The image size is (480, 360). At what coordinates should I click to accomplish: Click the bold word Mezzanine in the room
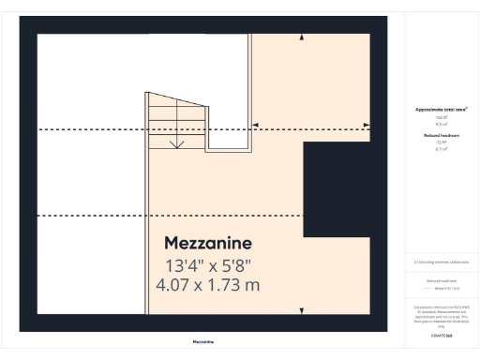coord(207,243)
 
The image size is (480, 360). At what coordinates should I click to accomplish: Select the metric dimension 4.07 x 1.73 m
coord(208,284)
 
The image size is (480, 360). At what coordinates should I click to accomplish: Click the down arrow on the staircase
coord(177,143)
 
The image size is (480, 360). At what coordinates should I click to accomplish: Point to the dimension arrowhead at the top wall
coord(301,37)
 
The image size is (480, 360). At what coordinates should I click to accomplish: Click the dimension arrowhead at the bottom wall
coord(301,310)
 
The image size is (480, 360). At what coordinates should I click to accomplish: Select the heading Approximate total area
coord(441,109)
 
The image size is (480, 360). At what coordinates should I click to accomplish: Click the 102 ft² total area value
coord(441,116)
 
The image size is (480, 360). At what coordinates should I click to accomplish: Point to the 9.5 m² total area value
coord(441,123)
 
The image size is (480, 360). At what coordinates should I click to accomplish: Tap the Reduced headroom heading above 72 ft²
coord(441,135)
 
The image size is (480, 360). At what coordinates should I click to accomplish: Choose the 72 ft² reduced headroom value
coord(441,142)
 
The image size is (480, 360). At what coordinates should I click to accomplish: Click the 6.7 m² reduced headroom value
coord(441,148)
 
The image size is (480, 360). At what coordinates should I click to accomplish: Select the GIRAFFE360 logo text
coord(441,335)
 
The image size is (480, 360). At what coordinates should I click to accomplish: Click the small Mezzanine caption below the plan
coord(203,342)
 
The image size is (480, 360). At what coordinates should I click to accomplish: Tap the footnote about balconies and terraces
coord(441,262)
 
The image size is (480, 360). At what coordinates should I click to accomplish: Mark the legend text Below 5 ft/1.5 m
coord(444,287)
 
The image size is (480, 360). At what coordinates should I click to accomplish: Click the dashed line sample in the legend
coord(428,287)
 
